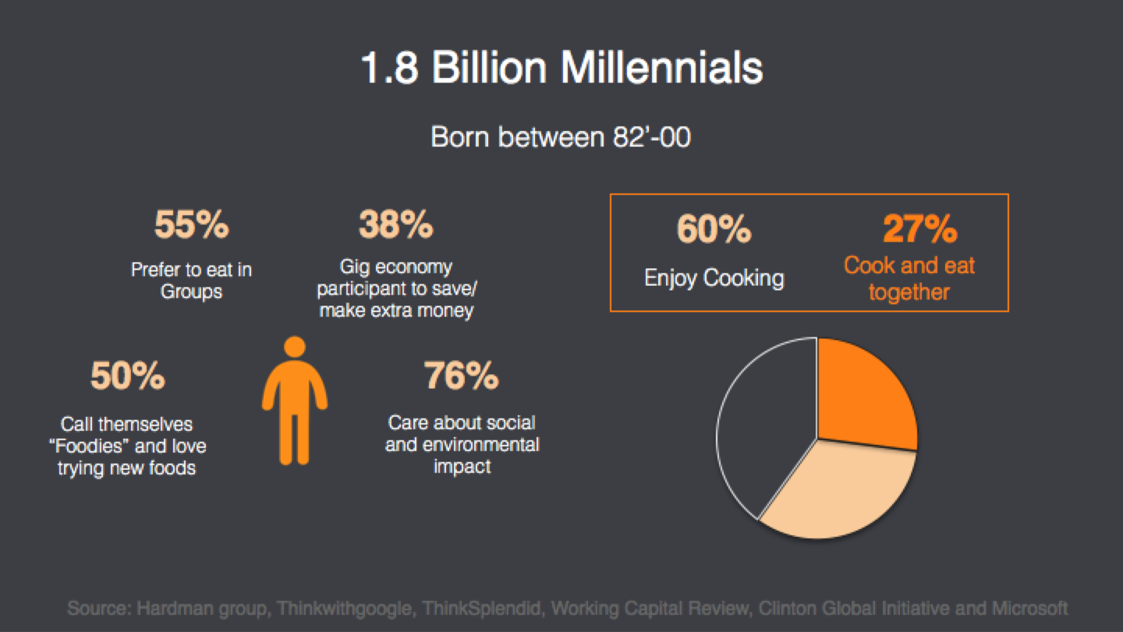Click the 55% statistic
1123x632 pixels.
click(x=192, y=224)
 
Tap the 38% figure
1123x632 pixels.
click(x=396, y=224)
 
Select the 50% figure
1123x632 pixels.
click(x=127, y=375)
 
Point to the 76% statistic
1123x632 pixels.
click(x=461, y=375)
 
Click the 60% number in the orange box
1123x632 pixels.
click(x=714, y=229)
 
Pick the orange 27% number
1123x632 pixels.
click(x=920, y=229)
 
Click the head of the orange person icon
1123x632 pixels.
click(x=294, y=347)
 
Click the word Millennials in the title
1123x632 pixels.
click(x=661, y=68)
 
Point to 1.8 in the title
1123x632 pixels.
click(x=389, y=68)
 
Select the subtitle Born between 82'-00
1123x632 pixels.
click(x=561, y=136)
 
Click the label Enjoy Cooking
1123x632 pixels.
click(x=714, y=278)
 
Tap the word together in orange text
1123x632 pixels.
click(x=909, y=292)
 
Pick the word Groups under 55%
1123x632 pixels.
click(x=191, y=292)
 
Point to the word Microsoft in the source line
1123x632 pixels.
click(x=1029, y=608)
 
